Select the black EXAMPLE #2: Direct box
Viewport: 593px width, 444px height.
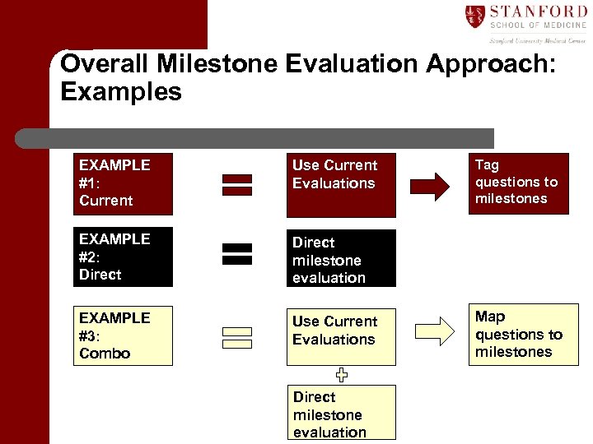(x=124, y=257)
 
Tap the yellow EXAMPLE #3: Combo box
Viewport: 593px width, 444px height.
(x=124, y=336)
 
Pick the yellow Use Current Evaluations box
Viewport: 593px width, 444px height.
(x=342, y=336)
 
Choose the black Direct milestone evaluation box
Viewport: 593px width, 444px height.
(x=342, y=258)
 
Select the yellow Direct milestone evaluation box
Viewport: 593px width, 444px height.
(x=342, y=414)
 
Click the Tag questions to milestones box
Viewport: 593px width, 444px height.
(x=518, y=183)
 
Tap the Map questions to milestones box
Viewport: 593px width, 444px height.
(x=523, y=335)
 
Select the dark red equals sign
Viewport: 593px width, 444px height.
(x=237, y=185)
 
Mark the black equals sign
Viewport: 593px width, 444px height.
(x=237, y=254)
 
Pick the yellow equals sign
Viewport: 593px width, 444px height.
(x=237, y=338)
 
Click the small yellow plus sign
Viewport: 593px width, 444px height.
(x=341, y=375)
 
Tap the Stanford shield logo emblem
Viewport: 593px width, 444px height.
(x=475, y=16)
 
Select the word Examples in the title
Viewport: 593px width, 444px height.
(x=121, y=92)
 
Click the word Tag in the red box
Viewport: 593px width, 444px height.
(x=487, y=165)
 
